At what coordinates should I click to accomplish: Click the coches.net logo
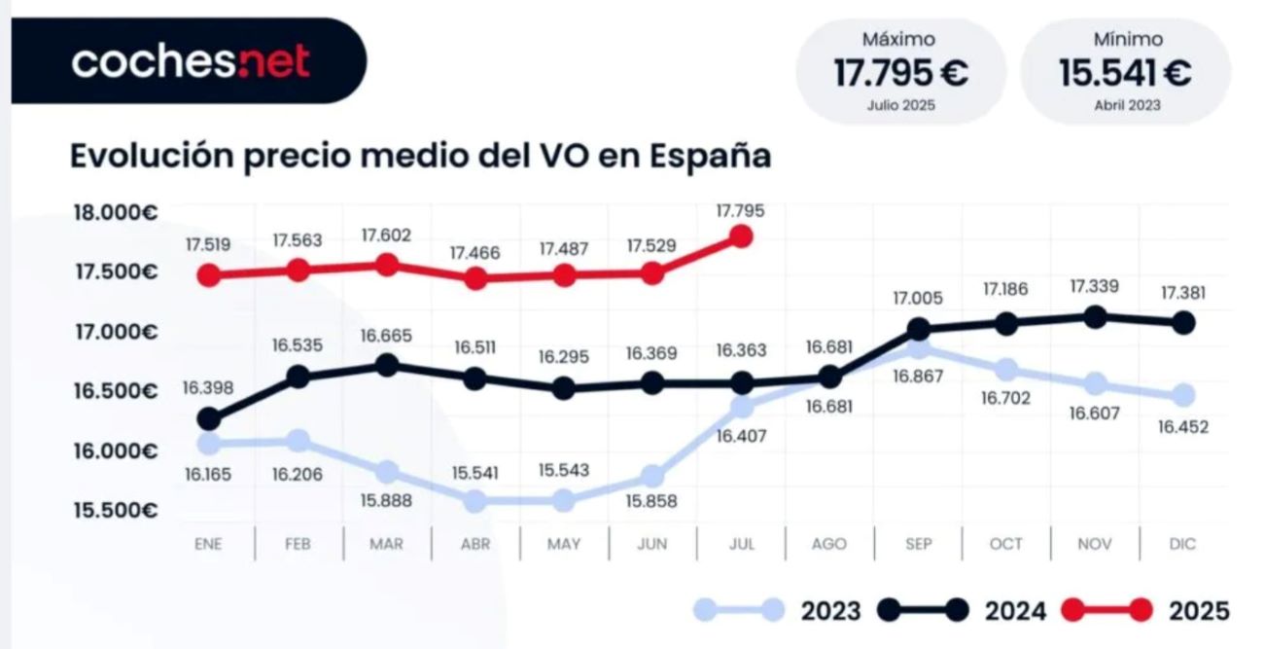[x=191, y=61]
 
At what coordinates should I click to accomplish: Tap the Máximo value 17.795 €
[x=900, y=73]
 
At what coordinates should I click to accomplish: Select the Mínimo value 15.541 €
[x=1126, y=73]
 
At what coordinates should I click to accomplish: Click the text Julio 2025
[x=900, y=105]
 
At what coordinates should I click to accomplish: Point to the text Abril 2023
[x=1126, y=105]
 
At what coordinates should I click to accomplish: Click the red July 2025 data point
[x=741, y=236]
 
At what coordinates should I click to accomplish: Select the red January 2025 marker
[x=208, y=275]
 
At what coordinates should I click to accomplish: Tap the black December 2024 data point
[x=1183, y=322]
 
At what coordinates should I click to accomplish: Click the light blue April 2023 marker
[x=475, y=501]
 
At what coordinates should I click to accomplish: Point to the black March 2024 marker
[x=387, y=365]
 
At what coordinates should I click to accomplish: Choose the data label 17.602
[x=386, y=235]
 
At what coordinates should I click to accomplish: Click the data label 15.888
[x=386, y=500]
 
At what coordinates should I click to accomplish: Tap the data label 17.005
[x=918, y=300]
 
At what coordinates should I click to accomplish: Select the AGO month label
[x=829, y=544]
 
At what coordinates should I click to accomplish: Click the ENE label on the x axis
[x=208, y=544]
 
